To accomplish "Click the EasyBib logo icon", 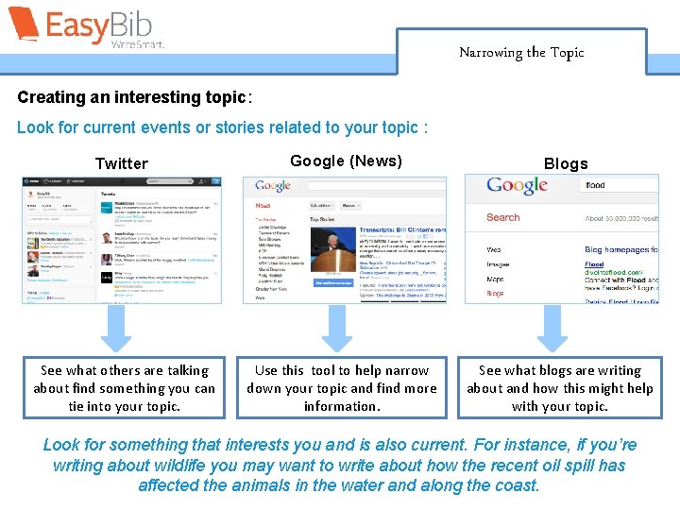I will pyautogui.click(x=24, y=25).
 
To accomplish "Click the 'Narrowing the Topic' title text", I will pyautogui.click(x=521, y=53).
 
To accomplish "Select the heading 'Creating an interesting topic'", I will pyautogui.click(x=131, y=98).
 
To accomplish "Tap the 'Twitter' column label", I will pyautogui.click(x=122, y=163).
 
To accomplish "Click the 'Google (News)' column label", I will pyautogui.click(x=346, y=161).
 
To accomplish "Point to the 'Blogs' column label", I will pyautogui.click(x=566, y=163).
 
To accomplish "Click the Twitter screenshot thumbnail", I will pyautogui.click(x=122, y=240).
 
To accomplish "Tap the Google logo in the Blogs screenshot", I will pyautogui.click(x=517, y=186).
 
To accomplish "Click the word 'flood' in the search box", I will pyautogui.click(x=595, y=186).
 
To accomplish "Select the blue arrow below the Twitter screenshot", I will pyautogui.click(x=117, y=328).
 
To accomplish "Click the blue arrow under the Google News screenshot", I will pyautogui.click(x=337, y=328).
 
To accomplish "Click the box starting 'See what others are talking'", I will pyautogui.click(x=124, y=388).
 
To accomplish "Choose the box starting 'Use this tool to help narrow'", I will pyautogui.click(x=342, y=388).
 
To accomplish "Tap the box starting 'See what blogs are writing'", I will pyautogui.click(x=560, y=388).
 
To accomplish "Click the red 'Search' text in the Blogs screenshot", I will pyautogui.click(x=502, y=217).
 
